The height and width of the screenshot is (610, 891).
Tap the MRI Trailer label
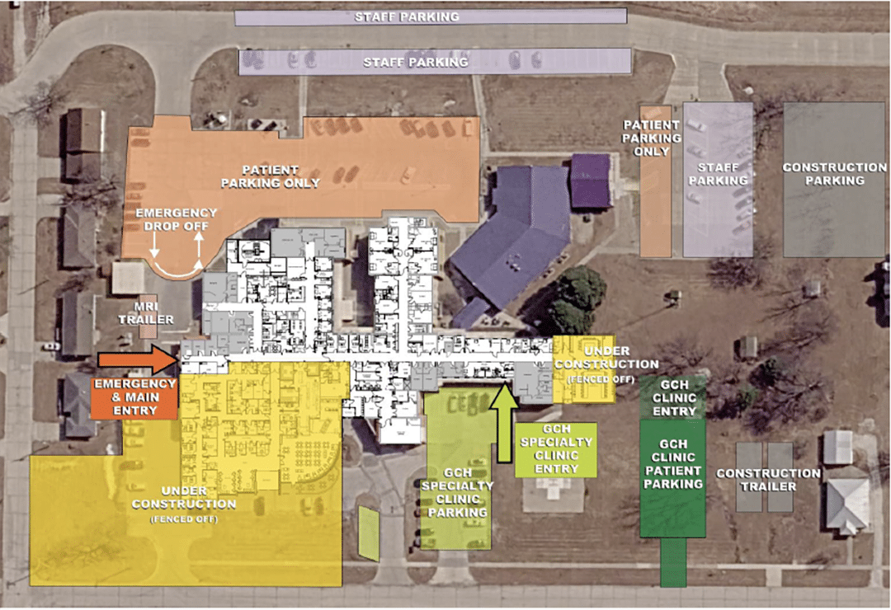click(146, 313)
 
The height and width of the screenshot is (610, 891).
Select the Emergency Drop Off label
click(177, 219)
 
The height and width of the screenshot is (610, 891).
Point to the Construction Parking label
click(834, 174)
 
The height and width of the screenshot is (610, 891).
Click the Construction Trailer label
click(768, 480)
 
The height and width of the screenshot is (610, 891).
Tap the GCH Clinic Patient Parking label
click(673, 463)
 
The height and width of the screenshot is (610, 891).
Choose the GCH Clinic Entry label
click(675, 397)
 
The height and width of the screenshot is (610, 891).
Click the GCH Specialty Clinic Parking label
click(457, 492)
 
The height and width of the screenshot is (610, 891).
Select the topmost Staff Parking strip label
click(407, 17)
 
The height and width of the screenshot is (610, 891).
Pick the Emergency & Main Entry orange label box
click(134, 398)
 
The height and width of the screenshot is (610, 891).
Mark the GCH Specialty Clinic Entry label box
click(556, 449)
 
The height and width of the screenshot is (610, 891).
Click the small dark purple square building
click(591, 181)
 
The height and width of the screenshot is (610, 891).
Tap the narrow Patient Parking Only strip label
click(651, 138)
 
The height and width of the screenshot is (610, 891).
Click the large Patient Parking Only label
click(271, 176)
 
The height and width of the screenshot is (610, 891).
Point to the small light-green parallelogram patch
click(368, 534)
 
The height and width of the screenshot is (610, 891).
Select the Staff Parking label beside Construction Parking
click(719, 174)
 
